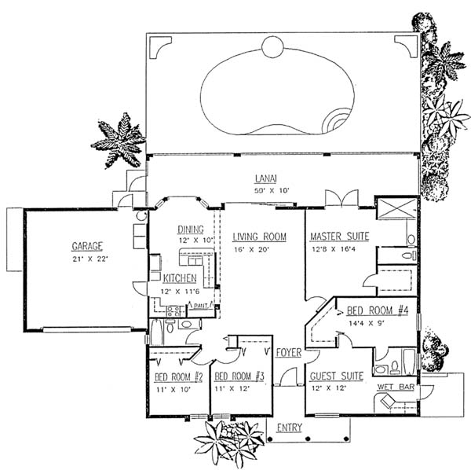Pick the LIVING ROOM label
tap(258, 237)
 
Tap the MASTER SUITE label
tap(339, 236)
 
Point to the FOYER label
tap(289, 354)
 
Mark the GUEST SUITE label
tap(336, 376)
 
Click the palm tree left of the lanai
tap(119, 139)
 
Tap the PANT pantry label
tap(199, 305)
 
